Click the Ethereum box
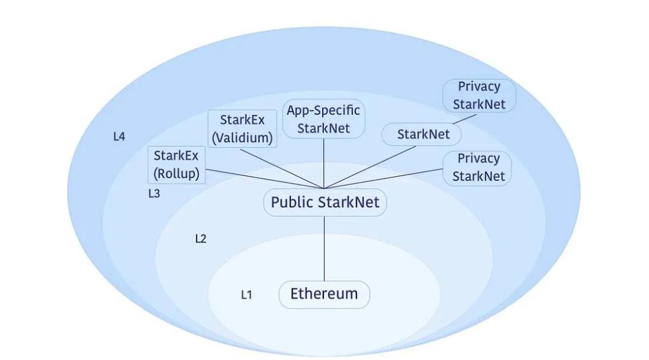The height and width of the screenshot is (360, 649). tap(324, 294)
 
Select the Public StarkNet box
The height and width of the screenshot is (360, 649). tap(324, 203)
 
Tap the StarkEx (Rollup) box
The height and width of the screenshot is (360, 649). tap(176, 165)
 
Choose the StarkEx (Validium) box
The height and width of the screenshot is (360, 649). tap(242, 129)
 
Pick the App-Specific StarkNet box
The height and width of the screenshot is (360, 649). tap(324, 119)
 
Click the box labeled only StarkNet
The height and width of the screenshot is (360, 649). tap(422, 135)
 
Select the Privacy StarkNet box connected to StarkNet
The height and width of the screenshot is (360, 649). tap(479, 96)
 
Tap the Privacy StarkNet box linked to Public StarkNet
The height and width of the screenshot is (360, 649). tap(478, 168)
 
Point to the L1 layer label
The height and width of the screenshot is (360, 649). tap(246, 295)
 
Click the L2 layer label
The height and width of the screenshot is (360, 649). tap(201, 239)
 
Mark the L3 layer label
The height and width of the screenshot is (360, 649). tap(154, 194)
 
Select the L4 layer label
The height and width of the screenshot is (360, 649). tap(119, 136)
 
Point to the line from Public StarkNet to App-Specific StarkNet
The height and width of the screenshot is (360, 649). tap(324, 162)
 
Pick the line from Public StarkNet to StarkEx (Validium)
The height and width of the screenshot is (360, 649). tap(282, 167)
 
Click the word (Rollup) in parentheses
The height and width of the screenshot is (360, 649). tap(176, 174)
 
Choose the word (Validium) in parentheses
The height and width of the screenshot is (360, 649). tap(242, 138)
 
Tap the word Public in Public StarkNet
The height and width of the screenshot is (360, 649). tap(291, 203)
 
